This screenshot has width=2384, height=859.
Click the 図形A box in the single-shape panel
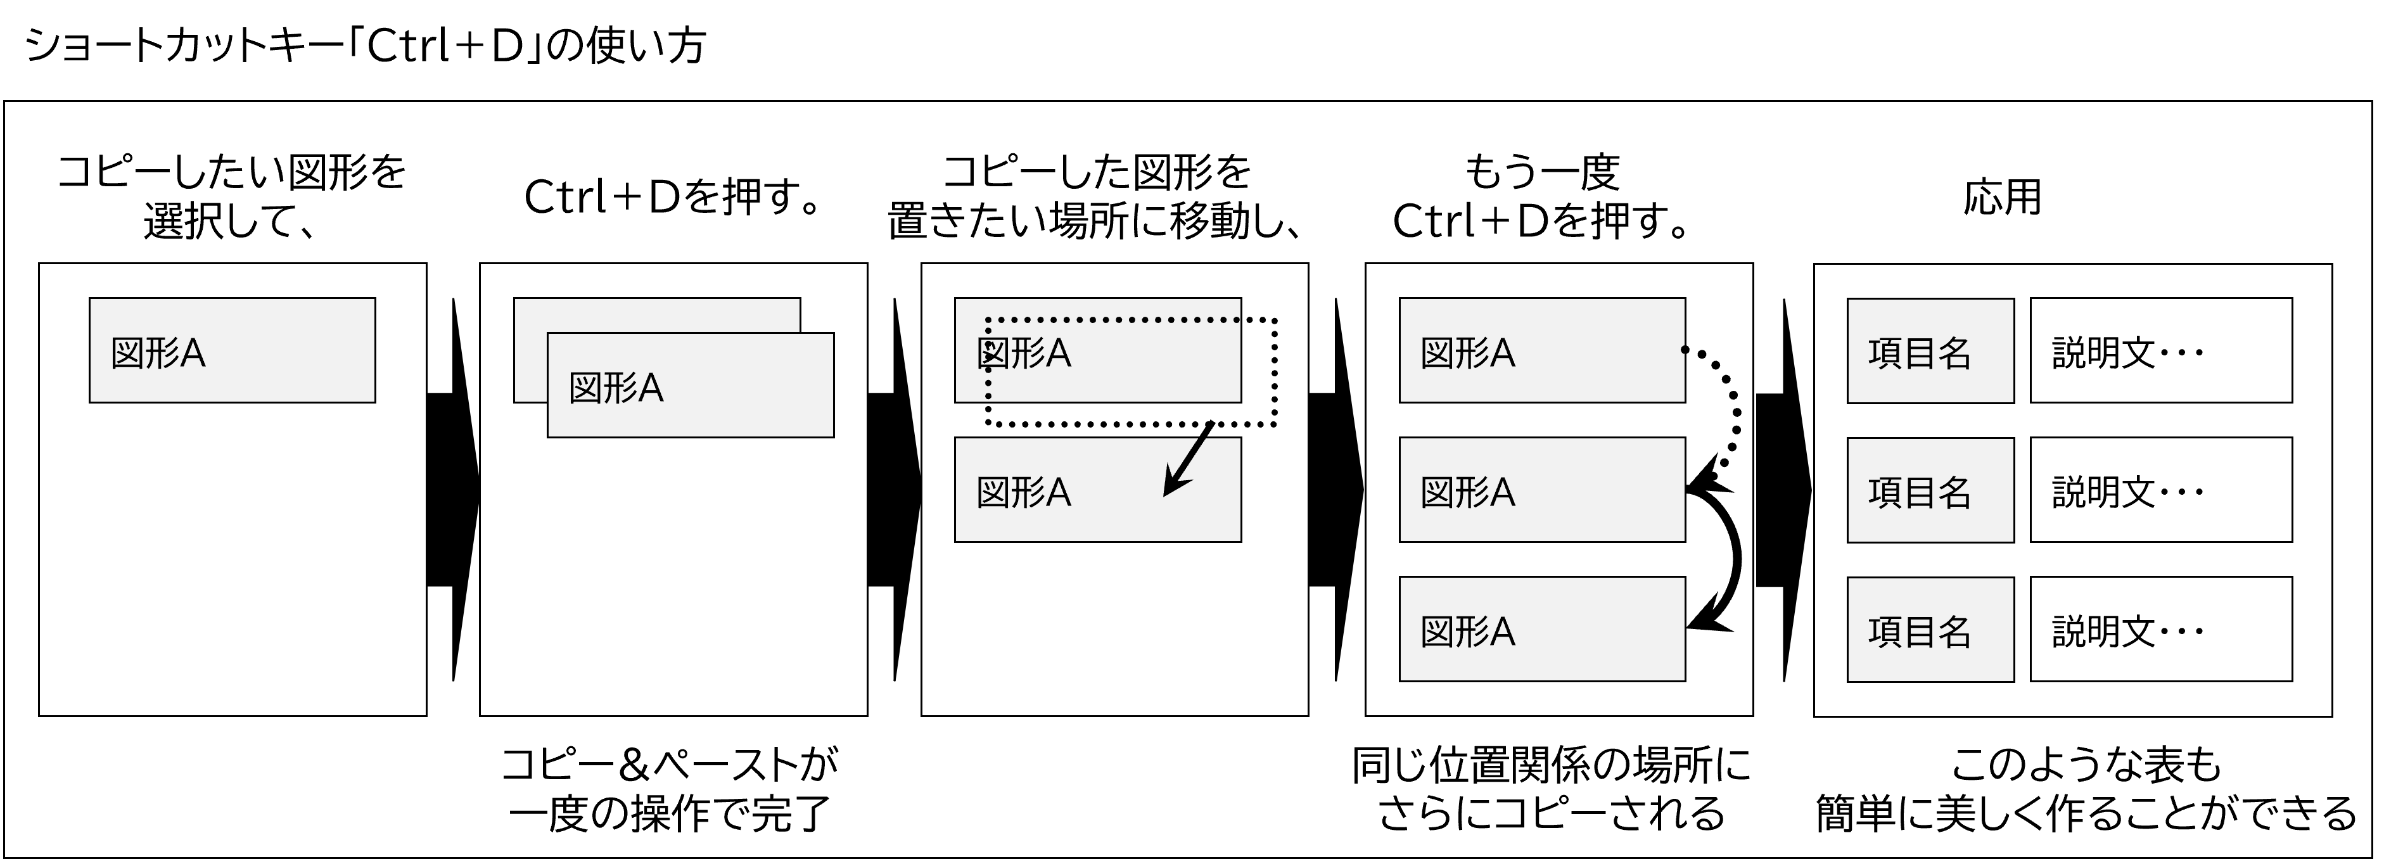[231, 350]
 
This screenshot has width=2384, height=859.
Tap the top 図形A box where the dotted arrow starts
[1542, 350]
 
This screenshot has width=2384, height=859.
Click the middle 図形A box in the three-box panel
[1542, 490]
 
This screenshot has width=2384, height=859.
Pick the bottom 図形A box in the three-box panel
[1542, 630]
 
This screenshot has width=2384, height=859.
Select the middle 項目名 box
[1930, 490]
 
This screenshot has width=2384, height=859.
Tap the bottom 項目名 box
[1930, 630]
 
